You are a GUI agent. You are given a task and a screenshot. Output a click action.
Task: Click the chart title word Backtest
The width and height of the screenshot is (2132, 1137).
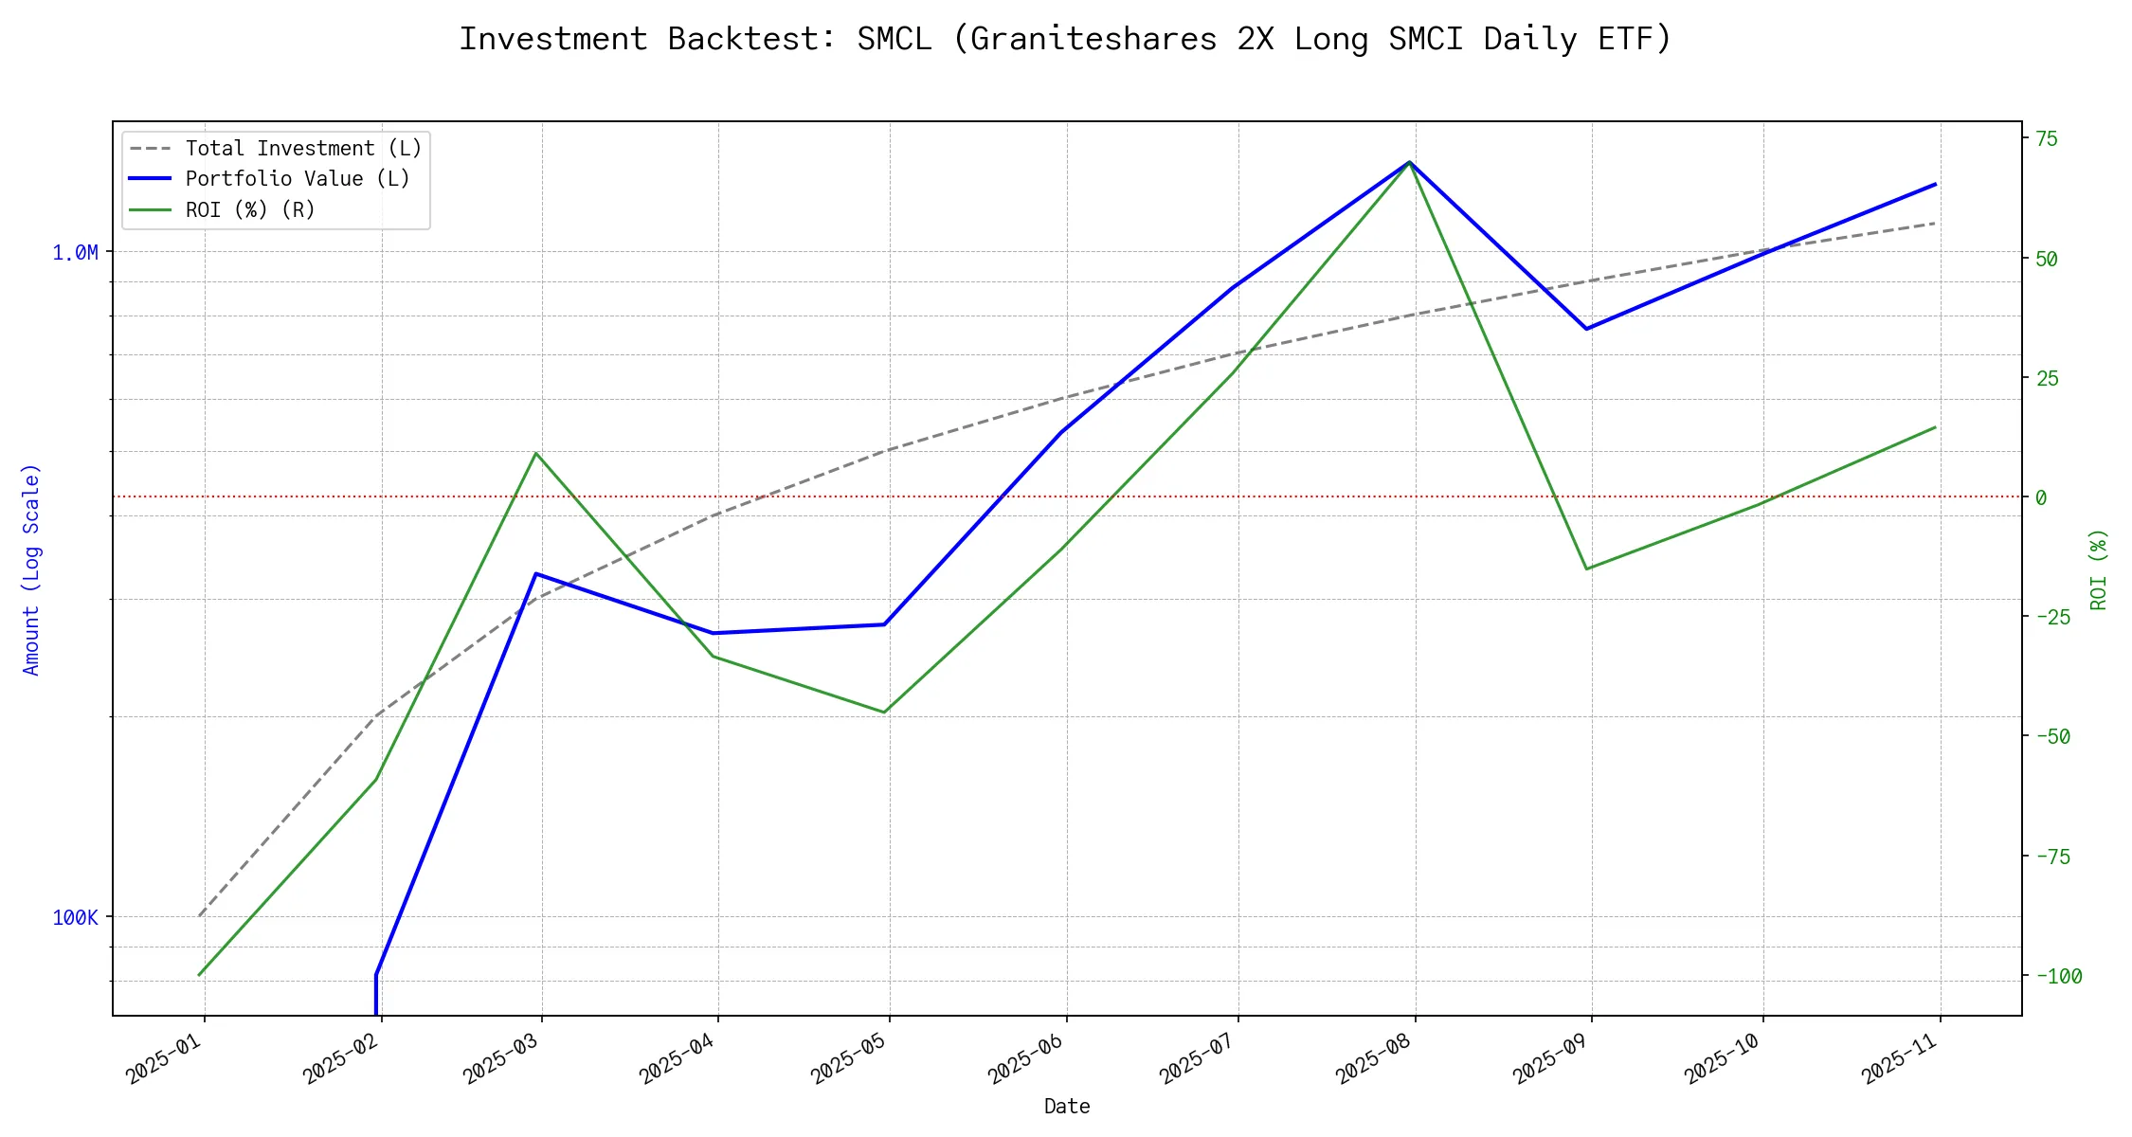pyautogui.click(x=752, y=39)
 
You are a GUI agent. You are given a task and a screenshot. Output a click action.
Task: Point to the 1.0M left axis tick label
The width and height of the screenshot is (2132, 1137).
pyautogui.click(x=75, y=252)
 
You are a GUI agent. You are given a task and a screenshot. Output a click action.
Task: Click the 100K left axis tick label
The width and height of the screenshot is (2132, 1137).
pyautogui.click(x=75, y=917)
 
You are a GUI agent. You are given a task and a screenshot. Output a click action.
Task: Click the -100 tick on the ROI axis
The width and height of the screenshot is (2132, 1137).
pyautogui.click(x=2058, y=976)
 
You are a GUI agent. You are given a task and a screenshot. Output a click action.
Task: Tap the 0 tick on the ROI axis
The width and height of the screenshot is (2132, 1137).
pyautogui.click(x=2041, y=497)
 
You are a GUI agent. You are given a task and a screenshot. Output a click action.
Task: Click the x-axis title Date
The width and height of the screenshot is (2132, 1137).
pyautogui.click(x=1067, y=1107)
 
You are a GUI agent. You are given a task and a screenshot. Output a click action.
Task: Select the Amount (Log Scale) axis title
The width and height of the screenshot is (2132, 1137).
pyautogui.click(x=31, y=568)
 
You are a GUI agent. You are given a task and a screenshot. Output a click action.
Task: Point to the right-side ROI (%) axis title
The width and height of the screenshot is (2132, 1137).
pyautogui.click(x=2099, y=568)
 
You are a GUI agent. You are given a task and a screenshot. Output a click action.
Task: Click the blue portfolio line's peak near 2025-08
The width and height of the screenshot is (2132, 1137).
pyautogui.click(x=1410, y=162)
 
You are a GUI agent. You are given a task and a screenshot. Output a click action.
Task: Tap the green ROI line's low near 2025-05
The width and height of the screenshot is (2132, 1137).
pyautogui.click(x=884, y=713)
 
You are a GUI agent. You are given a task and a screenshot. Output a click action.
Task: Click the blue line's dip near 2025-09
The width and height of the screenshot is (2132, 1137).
pyautogui.click(x=1587, y=329)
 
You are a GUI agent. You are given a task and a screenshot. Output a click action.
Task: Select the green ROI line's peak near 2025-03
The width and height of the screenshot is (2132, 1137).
pyautogui.click(x=536, y=453)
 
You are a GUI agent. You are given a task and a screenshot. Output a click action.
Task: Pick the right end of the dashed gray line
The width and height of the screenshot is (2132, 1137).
pyautogui.click(x=1935, y=223)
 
